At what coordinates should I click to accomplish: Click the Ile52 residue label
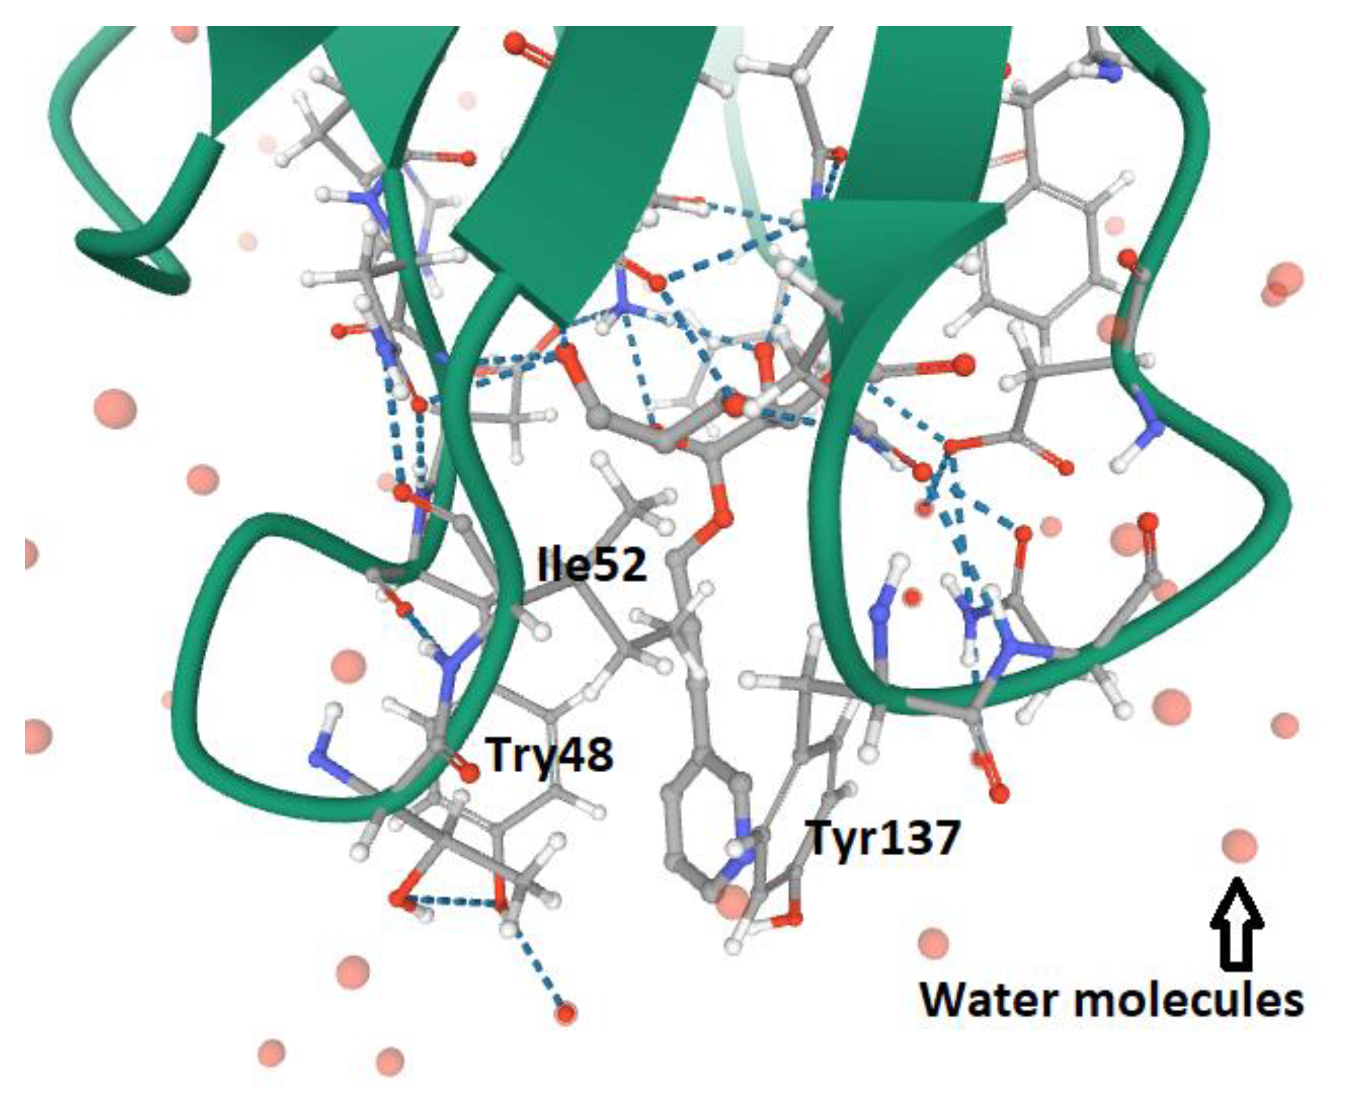592,565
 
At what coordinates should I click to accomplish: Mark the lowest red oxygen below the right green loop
999,795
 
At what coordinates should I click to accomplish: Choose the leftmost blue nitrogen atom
319,759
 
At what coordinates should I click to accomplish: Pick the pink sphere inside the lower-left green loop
348,666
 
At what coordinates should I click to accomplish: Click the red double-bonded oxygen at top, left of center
515,44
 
